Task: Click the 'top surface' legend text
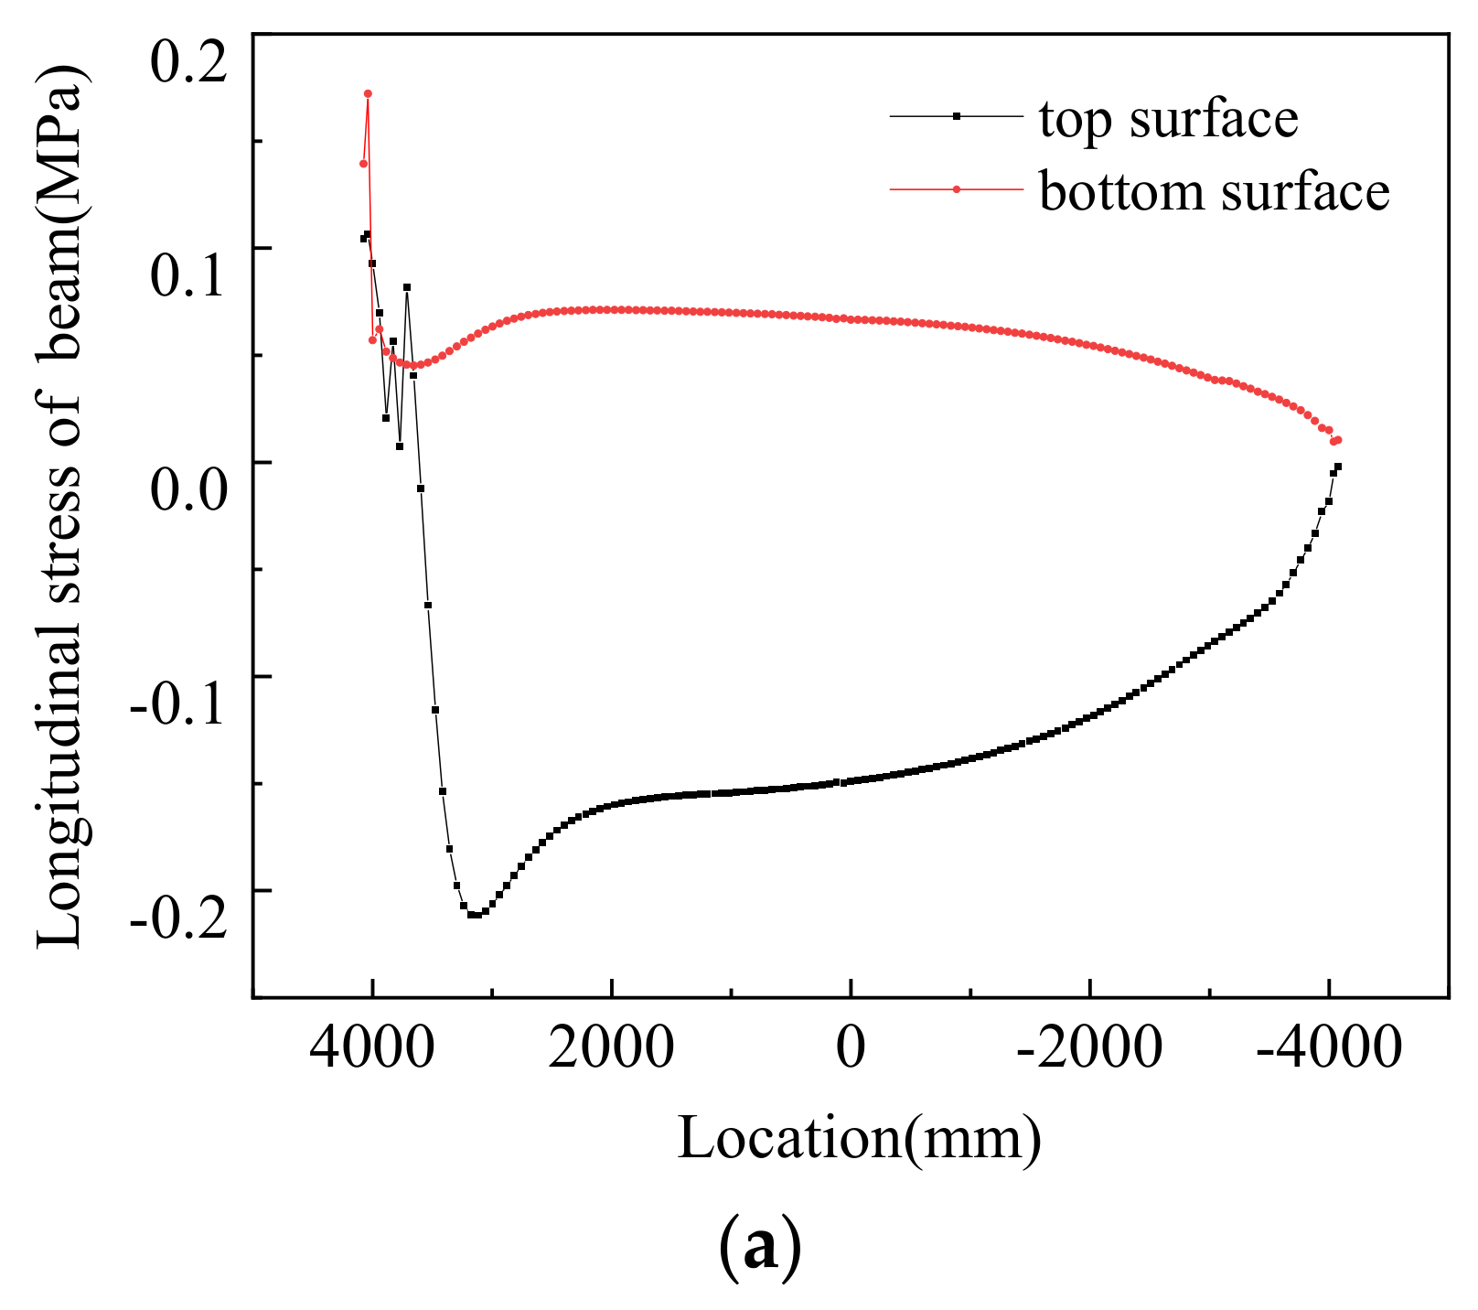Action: click(1168, 118)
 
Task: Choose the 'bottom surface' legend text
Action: click(1214, 191)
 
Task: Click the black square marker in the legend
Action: click(956, 116)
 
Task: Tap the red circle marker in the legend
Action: click(956, 189)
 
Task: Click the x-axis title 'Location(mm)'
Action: click(859, 1139)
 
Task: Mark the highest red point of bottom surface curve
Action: click(368, 93)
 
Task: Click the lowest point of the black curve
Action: click(474, 915)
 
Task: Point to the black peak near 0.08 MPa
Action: click(407, 287)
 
